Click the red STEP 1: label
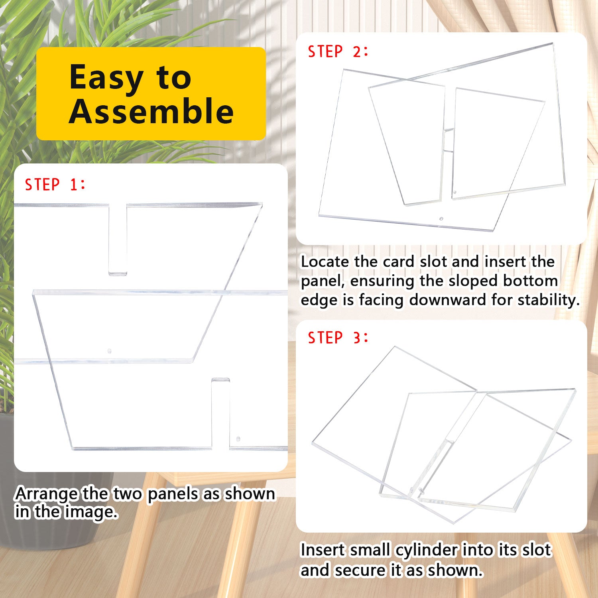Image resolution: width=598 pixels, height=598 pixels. [x=55, y=185]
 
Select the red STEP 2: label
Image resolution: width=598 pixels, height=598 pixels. [x=338, y=52]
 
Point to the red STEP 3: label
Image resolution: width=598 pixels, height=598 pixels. [x=338, y=338]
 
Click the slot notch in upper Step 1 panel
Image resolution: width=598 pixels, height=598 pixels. [x=118, y=239]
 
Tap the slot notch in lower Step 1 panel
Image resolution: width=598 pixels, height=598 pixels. [x=220, y=413]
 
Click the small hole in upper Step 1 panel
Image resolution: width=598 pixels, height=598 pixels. [x=109, y=352]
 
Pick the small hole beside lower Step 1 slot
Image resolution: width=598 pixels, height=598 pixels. [x=238, y=438]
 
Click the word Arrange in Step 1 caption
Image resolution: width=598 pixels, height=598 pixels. [x=47, y=494]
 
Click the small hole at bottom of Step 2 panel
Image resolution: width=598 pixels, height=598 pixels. [x=441, y=219]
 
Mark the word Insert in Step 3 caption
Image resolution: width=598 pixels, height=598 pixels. [x=322, y=550]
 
